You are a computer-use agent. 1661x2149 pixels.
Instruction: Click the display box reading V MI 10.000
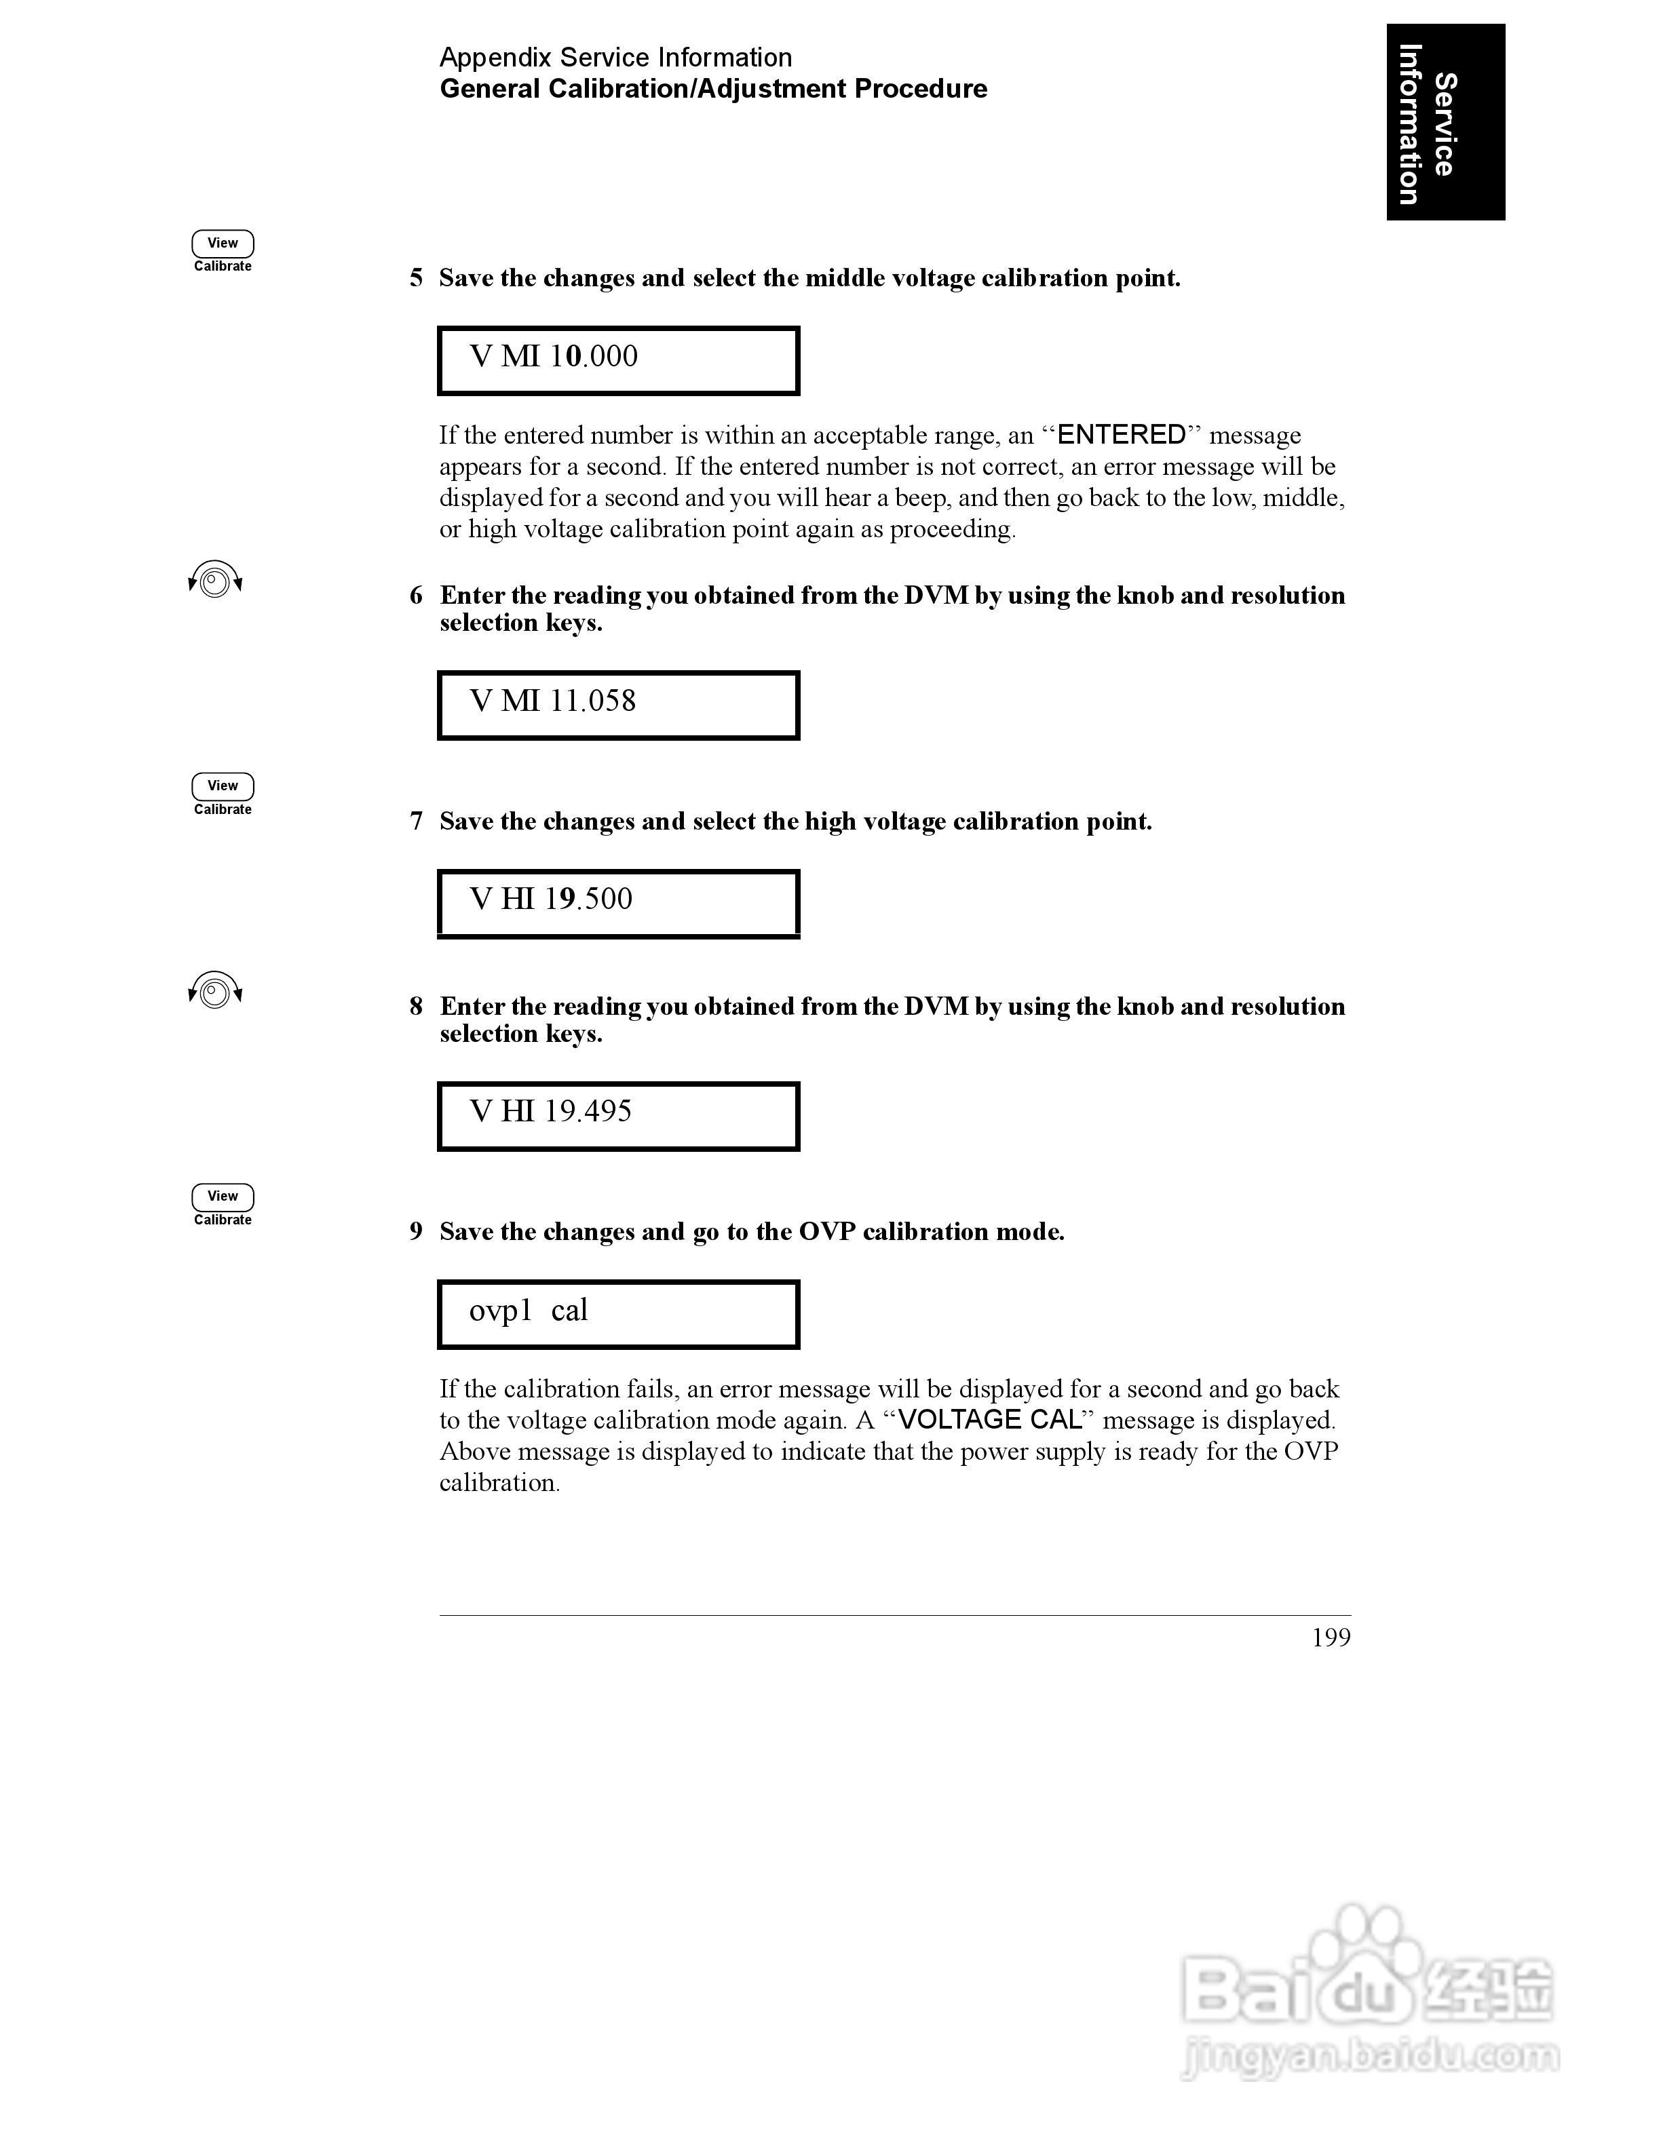point(618,360)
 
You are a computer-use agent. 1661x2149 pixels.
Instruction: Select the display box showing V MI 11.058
point(618,705)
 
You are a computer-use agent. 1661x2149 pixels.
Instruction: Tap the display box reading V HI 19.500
point(618,902)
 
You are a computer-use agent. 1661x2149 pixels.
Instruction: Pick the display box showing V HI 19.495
point(618,1115)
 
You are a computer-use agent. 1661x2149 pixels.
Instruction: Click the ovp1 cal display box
point(618,1313)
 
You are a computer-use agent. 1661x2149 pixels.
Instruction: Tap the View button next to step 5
point(223,243)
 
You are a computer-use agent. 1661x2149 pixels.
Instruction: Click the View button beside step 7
point(223,786)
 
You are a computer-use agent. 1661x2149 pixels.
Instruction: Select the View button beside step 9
point(223,1197)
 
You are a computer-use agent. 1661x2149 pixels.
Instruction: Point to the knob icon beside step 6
point(214,581)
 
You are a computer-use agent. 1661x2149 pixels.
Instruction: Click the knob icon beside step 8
point(214,991)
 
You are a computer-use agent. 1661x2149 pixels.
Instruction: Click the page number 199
point(1331,1638)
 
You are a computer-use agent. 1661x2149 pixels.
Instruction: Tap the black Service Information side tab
point(1445,122)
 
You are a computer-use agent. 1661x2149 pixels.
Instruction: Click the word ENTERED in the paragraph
point(1121,435)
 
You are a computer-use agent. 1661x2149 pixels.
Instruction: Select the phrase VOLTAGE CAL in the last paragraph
point(990,1420)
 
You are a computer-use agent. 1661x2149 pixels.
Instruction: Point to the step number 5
point(416,279)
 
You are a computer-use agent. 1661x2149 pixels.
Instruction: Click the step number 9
point(416,1232)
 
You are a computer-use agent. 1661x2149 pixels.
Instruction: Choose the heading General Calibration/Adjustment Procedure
point(712,89)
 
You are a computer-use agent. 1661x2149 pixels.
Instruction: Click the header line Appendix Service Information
point(615,57)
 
